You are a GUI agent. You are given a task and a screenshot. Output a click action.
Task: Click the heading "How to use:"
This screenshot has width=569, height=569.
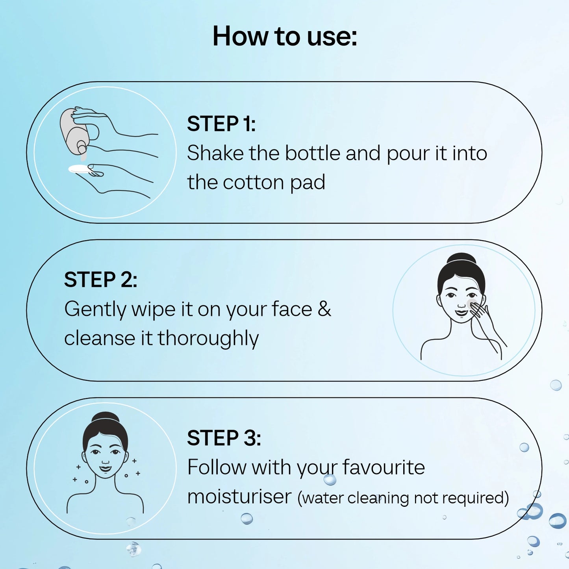285,36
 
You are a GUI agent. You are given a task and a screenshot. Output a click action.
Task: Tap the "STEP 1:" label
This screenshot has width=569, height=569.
221,124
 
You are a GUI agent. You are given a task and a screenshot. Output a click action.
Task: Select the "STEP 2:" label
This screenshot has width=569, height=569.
101,279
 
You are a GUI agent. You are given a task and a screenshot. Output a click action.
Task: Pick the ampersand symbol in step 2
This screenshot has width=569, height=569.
324,309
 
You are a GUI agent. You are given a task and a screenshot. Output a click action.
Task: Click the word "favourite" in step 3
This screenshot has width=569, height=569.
384,467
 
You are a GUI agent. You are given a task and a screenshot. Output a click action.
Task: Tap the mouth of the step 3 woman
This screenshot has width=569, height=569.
106,468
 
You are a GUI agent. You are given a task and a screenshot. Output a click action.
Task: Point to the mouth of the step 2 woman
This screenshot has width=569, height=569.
461,312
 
